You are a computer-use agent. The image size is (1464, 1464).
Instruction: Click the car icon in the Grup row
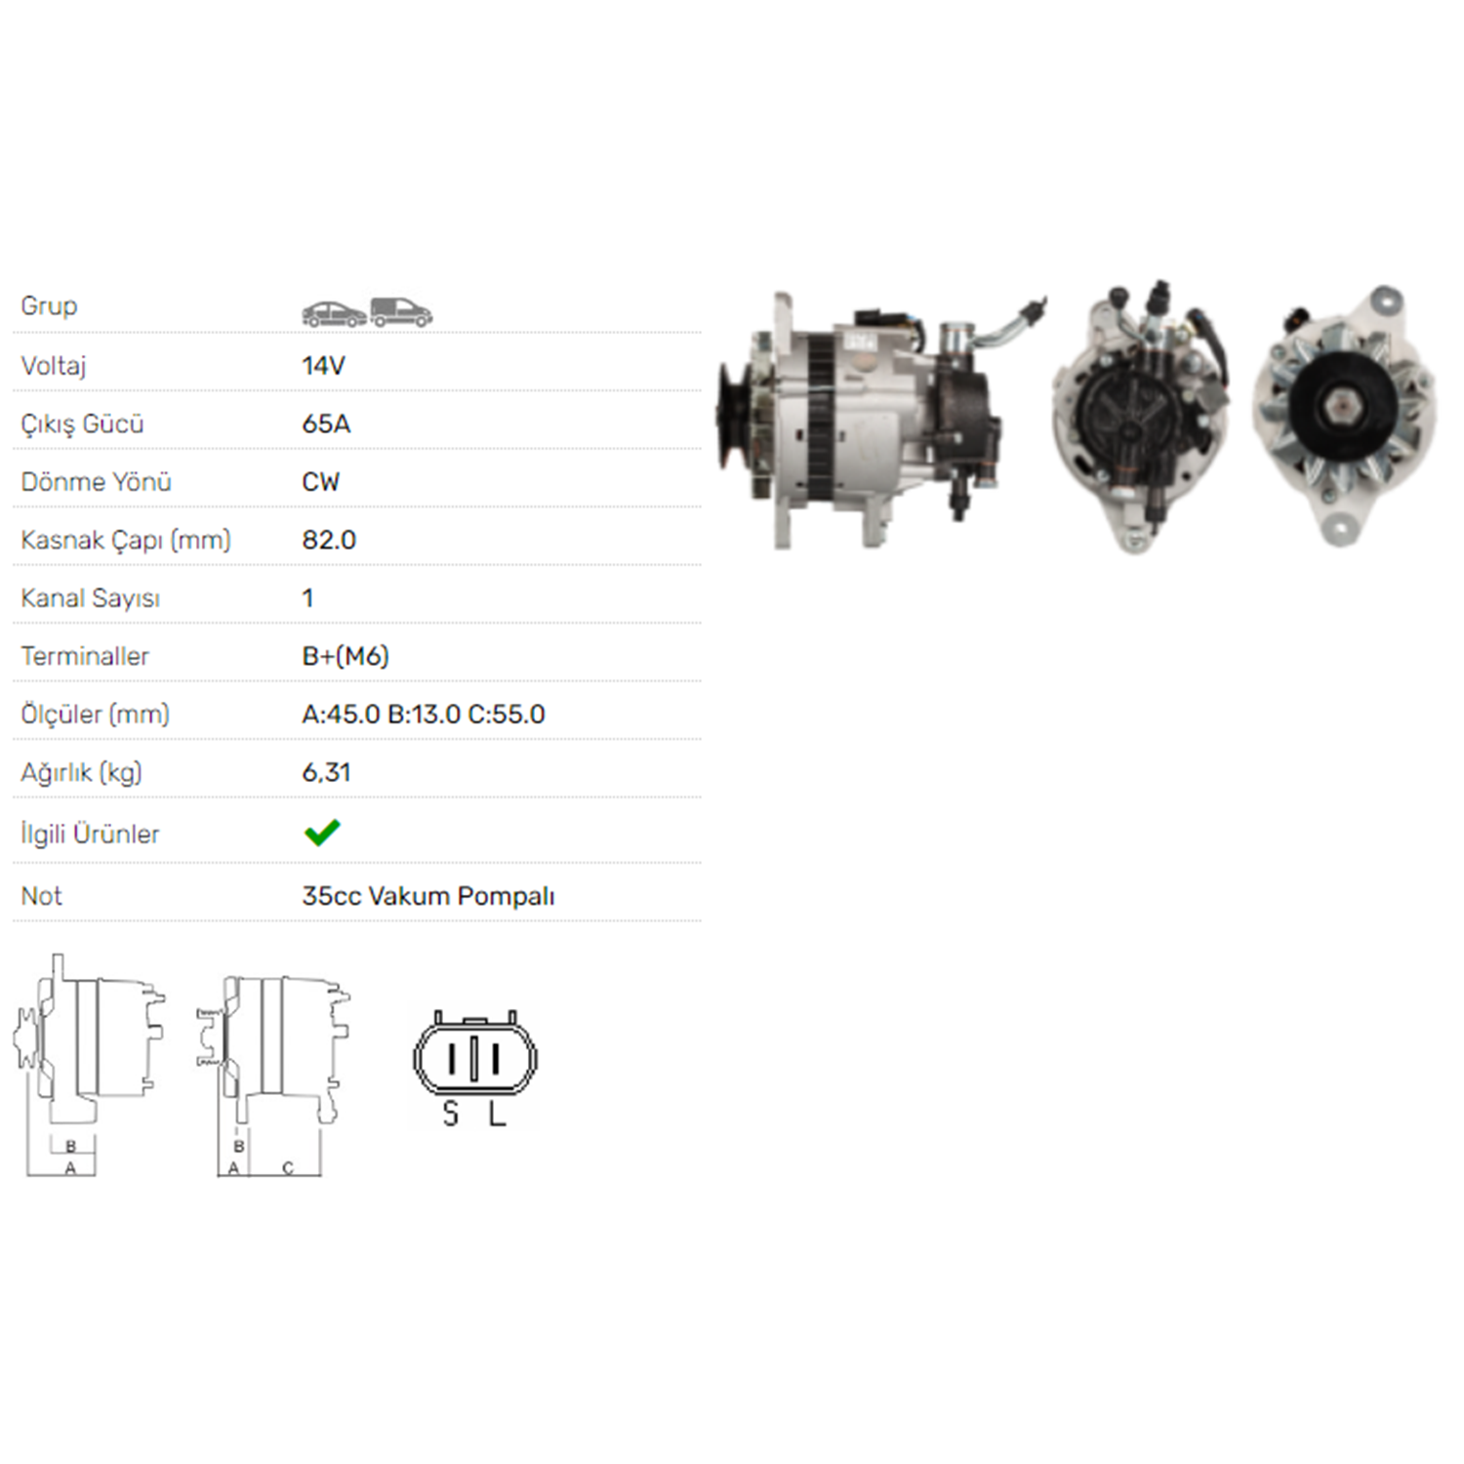[334, 313]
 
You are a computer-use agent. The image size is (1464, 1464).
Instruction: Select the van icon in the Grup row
[401, 312]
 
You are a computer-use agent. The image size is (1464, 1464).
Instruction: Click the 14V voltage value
[323, 366]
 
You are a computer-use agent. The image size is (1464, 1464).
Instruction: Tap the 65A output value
[326, 424]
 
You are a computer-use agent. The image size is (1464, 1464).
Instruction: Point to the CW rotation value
[321, 482]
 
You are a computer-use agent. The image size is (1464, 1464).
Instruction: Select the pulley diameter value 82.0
[329, 540]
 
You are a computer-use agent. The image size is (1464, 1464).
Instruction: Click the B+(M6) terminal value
[346, 656]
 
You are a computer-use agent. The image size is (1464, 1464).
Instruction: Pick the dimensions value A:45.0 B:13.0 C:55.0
[424, 714]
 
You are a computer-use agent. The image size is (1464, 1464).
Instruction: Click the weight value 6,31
[326, 773]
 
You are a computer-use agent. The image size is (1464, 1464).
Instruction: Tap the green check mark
[322, 833]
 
